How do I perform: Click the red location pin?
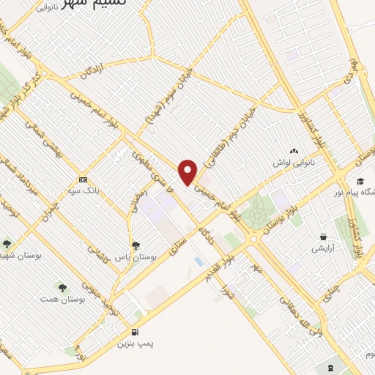[189, 171]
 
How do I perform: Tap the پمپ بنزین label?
[135, 343]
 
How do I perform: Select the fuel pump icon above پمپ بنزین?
[135, 331]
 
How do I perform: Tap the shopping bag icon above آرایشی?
[323, 237]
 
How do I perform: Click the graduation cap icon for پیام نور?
[360, 181]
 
